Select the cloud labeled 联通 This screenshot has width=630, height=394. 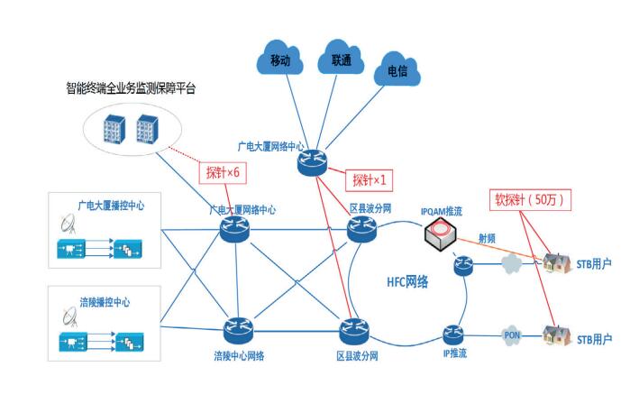341,61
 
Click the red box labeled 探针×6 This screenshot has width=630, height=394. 221,171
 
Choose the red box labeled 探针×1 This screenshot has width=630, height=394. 369,179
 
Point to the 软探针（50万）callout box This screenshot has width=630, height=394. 527,199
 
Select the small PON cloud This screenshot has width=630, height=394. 512,335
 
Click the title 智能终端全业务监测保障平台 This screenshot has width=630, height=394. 130,88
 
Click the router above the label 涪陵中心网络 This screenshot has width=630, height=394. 240,329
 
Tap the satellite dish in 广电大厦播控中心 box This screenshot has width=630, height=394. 68,224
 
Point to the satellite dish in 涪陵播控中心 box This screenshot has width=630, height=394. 68,316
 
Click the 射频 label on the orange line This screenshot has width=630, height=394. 487,237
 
